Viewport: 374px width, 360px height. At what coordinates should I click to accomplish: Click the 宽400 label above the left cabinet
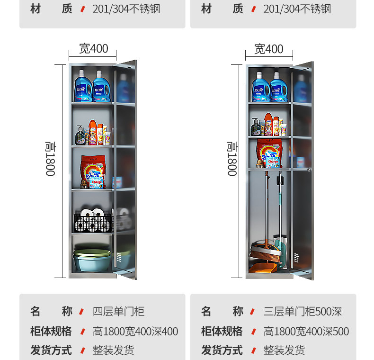click(93, 48)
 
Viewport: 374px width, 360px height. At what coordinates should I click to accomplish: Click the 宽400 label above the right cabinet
click(268, 49)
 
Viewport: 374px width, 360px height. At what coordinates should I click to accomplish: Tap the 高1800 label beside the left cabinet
click(50, 159)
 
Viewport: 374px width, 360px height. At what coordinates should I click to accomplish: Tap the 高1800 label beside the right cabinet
click(232, 159)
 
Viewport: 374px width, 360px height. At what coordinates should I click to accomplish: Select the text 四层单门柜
click(118, 311)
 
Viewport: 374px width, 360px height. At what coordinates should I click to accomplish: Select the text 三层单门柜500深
click(302, 311)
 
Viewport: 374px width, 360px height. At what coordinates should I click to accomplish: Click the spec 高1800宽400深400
click(135, 331)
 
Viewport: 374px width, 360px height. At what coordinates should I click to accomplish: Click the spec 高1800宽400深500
click(306, 331)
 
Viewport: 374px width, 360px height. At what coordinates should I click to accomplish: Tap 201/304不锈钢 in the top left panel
click(126, 9)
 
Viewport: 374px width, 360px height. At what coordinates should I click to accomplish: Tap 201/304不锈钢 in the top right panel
click(297, 9)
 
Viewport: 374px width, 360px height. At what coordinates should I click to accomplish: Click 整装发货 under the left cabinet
click(113, 350)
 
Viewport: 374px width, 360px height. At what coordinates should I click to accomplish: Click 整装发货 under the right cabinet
click(284, 350)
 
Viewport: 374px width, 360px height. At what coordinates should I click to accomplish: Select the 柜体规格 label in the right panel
click(222, 331)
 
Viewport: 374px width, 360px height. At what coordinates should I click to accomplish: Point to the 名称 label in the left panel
click(51, 311)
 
